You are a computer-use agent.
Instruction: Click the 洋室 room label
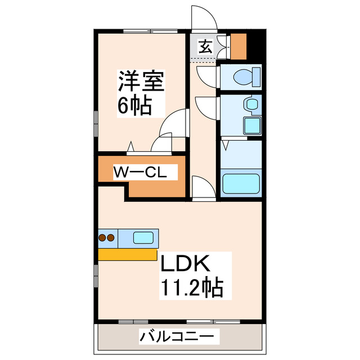(x=141, y=82)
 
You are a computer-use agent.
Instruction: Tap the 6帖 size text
(x=134, y=105)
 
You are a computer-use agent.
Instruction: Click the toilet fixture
(x=246, y=75)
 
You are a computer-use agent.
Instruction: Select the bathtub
(x=241, y=184)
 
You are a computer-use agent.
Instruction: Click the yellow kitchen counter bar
(x=128, y=254)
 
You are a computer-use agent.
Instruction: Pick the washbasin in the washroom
(x=251, y=103)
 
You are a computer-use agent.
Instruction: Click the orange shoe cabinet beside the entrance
(x=239, y=47)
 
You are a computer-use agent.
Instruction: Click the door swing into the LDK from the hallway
(x=200, y=186)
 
